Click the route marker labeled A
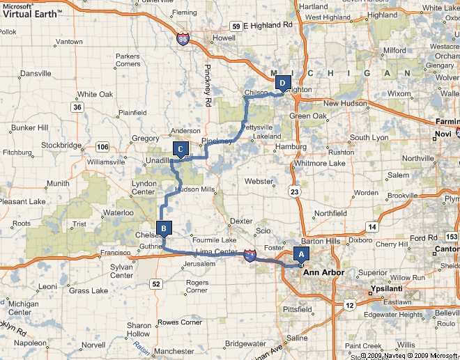(x=301, y=255)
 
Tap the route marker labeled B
(x=164, y=228)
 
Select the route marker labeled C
(x=181, y=148)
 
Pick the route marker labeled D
(x=282, y=83)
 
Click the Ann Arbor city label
(x=323, y=272)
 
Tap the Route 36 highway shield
(x=77, y=107)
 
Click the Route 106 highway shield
(x=102, y=146)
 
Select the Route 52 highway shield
(x=156, y=283)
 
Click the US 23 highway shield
(x=296, y=190)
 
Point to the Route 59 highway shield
(x=236, y=26)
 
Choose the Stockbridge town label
(x=63, y=146)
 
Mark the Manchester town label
(x=174, y=351)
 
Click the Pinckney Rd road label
(x=208, y=86)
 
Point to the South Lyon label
(x=370, y=138)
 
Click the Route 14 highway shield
(x=374, y=228)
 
